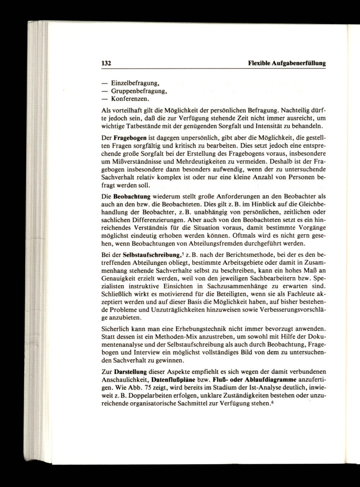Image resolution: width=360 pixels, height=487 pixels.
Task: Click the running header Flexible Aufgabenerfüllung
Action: pos(287,63)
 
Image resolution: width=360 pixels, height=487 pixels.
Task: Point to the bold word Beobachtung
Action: pos(132,197)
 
